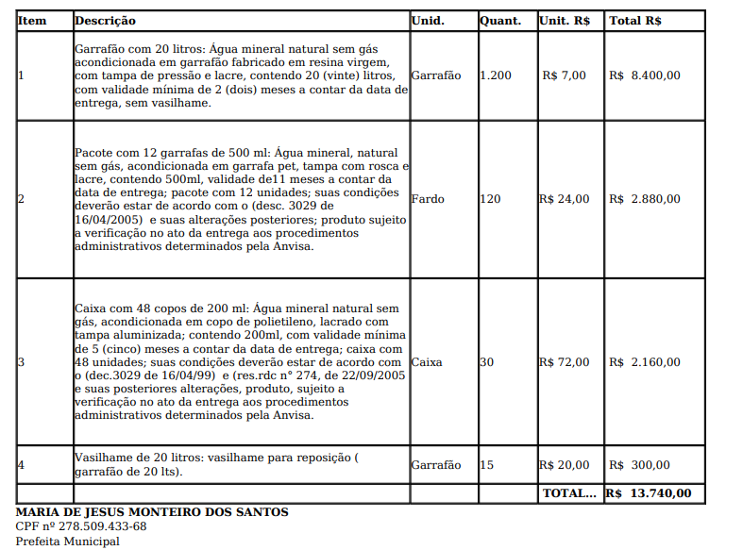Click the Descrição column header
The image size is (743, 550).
pyautogui.click(x=105, y=21)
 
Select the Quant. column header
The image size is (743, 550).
pyautogui.click(x=500, y=21)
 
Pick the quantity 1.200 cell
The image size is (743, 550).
pyautogui.click(x=496, y=75)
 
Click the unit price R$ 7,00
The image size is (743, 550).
pyautogui.click(x=566, y=75)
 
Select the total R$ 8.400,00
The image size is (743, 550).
pyautogui.click(x=645, y=75)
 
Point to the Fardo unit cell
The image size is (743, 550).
pyautogui.click(x=428, y=199)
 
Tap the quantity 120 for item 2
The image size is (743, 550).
pyautogui.click(x=490, y=199)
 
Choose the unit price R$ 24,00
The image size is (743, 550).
pyautogui.click(x=564, y=199)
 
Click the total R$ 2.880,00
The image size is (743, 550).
pyautogui.click(x=645, y=199)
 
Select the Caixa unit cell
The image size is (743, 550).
pyautogui.click(x=427, y=361)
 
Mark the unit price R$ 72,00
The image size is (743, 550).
pyautogui.click(x=564, y=361)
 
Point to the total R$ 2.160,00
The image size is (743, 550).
pyautogui.click(x=645, y=361)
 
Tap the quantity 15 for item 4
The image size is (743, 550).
pyautogui.click(x=486, y=464)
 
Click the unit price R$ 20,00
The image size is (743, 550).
pyautogui.click(x=564, y=464)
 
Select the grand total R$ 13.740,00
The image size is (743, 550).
pyautogui.click(x=649, y=492)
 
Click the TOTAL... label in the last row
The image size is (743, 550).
pyautogui.click(x=569, y=492)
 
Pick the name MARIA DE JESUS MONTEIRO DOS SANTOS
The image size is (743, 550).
pyautogui.click(x=152, y=512)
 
